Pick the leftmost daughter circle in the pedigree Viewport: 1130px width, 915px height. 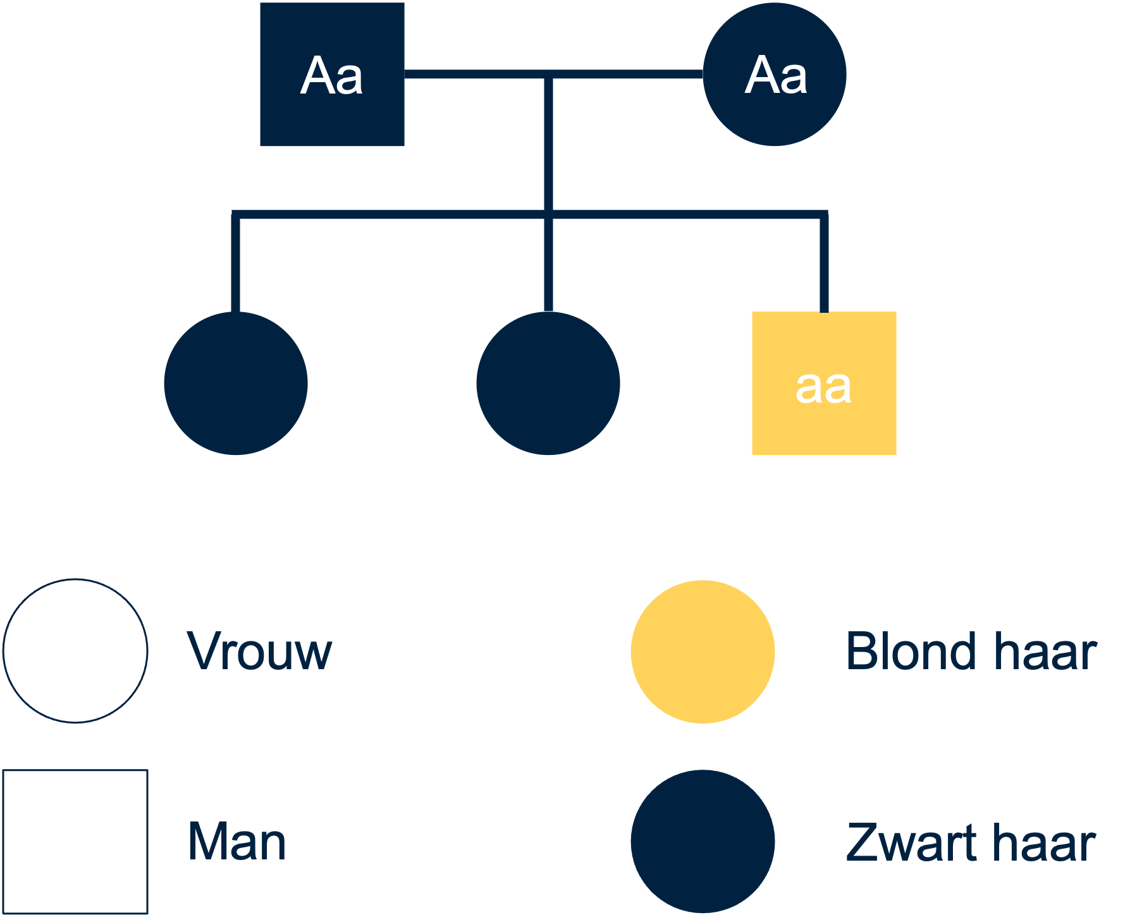236,384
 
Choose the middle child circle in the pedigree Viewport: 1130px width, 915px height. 548,384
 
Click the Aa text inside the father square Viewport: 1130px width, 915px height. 332,76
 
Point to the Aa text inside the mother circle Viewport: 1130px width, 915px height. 776,75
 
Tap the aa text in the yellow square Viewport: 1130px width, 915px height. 823,387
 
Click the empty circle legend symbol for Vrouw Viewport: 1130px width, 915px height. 75,651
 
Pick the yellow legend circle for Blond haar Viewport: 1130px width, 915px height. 703,651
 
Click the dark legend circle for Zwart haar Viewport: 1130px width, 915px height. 703,842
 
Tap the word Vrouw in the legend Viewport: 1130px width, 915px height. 259,651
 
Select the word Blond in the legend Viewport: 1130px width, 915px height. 911,651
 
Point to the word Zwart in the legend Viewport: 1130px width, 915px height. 911,842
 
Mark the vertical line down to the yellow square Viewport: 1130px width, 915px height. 824,262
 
